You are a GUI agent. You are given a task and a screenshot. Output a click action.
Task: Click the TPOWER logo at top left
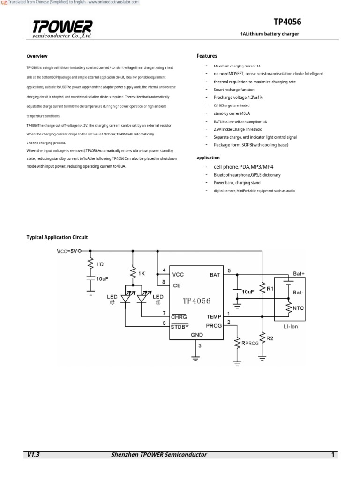click(62, 29)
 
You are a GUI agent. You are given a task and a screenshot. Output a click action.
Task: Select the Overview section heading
click(37, 56)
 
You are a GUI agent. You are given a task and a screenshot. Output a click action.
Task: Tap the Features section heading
click(207, 56)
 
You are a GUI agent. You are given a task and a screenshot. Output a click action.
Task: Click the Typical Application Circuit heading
click(57, 237)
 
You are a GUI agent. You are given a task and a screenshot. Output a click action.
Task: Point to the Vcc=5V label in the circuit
click(67, 251)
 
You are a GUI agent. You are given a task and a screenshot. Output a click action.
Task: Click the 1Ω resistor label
click(100, 264)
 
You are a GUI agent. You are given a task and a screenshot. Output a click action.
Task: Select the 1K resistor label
click(142, 272)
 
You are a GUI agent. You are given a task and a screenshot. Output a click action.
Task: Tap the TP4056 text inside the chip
click(196, 300)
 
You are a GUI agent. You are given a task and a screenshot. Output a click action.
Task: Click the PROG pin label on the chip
click(213, 325)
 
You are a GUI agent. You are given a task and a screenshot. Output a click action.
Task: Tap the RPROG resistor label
click(250, 343)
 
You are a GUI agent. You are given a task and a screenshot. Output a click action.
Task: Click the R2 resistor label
click(270, 338)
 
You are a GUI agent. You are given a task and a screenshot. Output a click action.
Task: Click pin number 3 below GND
click(200, 346)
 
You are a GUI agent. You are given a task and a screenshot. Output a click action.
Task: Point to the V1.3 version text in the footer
click(34, 455)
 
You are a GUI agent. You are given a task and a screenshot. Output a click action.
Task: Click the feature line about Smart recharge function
click(234, 90)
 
